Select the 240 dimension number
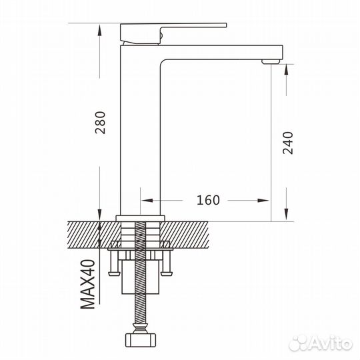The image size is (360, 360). click(x=288, y=142)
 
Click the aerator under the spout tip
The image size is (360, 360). click(x=270, y=61)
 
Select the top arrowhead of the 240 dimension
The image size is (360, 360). click(x=287, y=69)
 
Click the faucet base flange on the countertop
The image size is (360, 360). click(x=141, y=217)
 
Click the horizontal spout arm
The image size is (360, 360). click(x=220, y=52)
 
